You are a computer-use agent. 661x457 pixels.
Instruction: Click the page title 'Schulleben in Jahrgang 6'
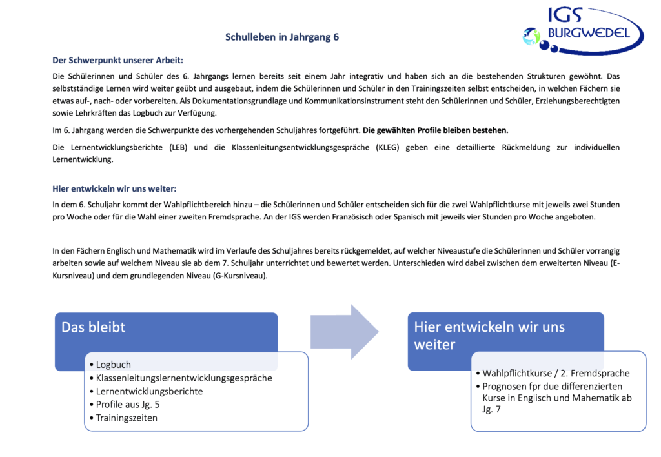(282, 37)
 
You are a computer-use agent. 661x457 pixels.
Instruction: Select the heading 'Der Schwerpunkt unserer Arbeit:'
(118, 61)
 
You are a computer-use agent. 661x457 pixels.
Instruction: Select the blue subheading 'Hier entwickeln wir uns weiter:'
(114, 188)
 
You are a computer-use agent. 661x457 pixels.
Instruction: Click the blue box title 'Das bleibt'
(94, 327)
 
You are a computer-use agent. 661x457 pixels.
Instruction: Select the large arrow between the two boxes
(344, 332)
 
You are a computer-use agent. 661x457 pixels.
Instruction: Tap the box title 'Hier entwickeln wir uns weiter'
(489, 336)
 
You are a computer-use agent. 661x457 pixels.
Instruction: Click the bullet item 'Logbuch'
(113, 365)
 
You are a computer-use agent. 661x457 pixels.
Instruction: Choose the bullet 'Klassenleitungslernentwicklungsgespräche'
(184, 378)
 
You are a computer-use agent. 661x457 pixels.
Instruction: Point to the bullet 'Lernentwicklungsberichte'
(149, 391)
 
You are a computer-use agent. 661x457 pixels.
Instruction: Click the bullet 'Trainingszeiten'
(127, 418)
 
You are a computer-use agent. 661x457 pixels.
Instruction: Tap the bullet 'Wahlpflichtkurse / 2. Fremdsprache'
(556, 373)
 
